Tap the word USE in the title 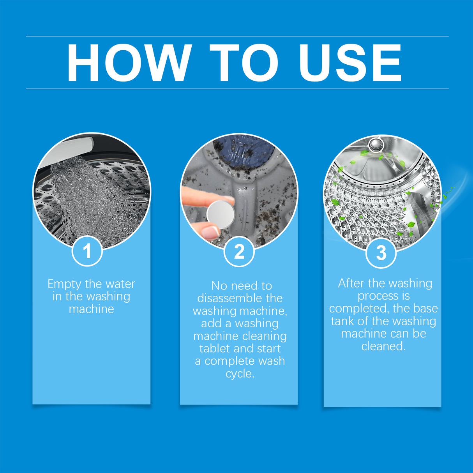pos(350,63)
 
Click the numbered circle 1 pos(87,251)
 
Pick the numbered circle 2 pos(239,252)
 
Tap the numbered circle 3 pos(381,253)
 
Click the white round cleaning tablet pos(221,214)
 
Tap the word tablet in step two pos(214,348)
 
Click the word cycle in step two pos(239,374)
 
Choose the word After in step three pos(351,283)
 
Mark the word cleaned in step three pos(383,346)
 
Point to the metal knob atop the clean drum pos(375,145)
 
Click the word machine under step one pos(91,309)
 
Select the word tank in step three pos(342,321)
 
